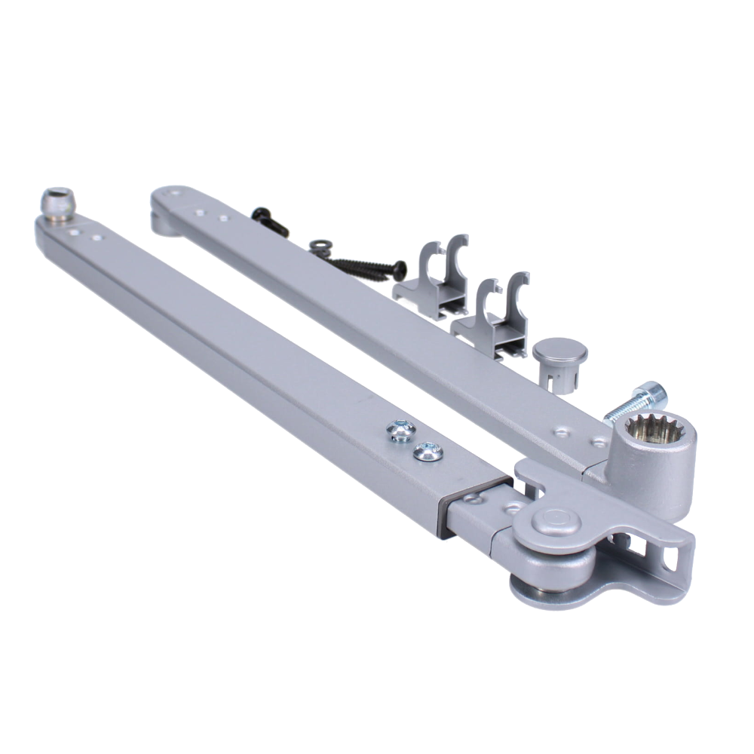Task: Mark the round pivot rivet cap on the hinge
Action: click(555, 520)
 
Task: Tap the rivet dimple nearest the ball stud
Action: click(74, 233)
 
